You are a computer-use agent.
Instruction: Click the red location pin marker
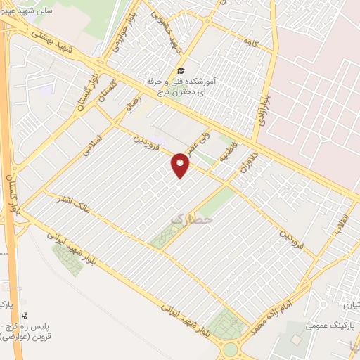point(181,166)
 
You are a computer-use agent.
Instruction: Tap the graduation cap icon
point(180,70)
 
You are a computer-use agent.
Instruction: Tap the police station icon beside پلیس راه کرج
point(25,316)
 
